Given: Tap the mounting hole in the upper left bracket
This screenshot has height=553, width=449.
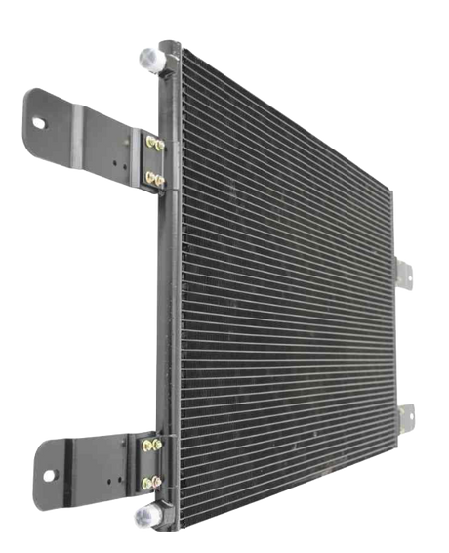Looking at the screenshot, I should [x=40, y=123].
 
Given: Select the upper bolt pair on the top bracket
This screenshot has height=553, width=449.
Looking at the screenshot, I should [x=153, y=145].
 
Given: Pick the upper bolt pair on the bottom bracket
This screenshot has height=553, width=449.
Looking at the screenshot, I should [x=154, y=447].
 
